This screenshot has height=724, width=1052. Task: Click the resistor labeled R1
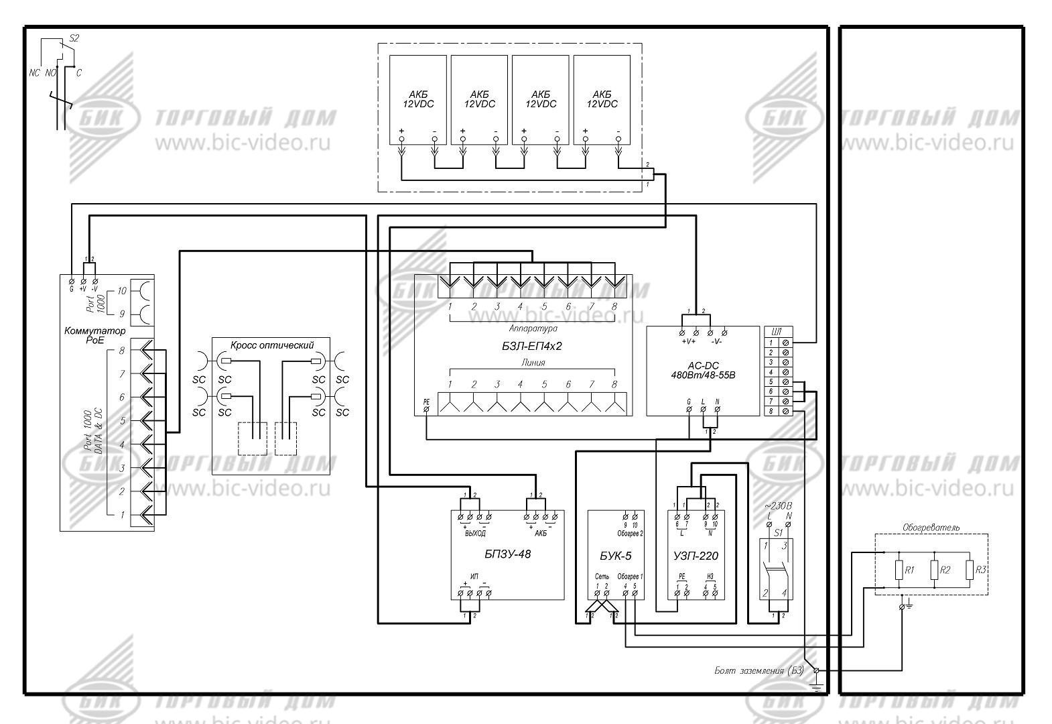coord(899,570)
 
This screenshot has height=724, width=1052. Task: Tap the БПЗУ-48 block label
coord(507,554)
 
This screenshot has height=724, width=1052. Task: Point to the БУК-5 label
coord(615,556)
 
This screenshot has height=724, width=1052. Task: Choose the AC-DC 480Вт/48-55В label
coord(702,370)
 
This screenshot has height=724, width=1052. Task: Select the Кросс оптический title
coord(272,345)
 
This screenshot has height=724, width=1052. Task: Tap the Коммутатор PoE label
coord(94,335)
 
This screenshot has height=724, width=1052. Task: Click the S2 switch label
coord(74,38)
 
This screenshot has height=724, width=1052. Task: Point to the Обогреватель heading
coord(931,528)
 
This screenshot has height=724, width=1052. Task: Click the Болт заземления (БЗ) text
coord(759,670)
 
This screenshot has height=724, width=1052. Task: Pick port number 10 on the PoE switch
coord(121,291)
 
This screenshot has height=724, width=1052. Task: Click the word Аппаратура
coord(533,328)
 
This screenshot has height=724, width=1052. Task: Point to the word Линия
coord(533,363)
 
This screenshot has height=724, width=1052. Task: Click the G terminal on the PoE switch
coord(71,281)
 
